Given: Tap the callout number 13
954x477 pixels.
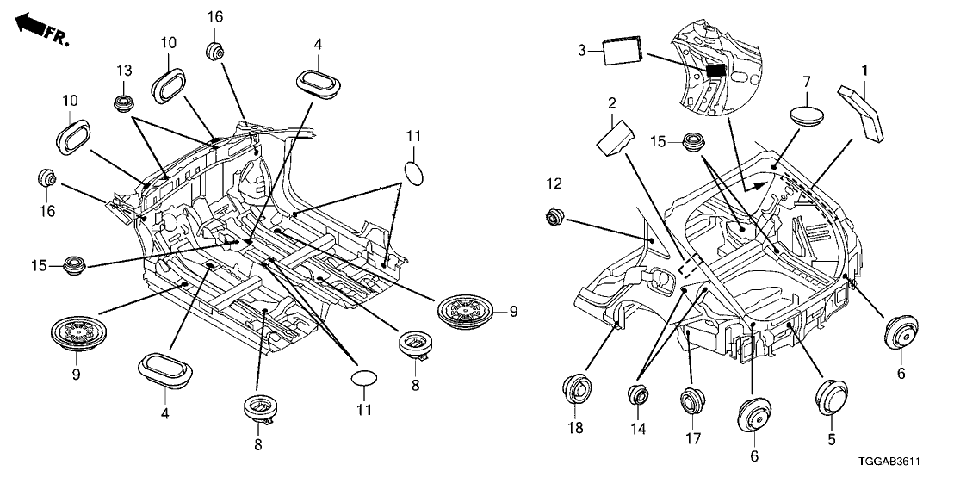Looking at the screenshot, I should tap(125, 70).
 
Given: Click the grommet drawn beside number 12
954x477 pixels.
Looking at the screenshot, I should tap(553, 216).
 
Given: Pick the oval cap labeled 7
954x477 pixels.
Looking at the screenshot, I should tap(807, 114).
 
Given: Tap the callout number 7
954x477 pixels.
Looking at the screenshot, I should tap(807, 82).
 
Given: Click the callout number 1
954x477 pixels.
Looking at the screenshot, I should tap(864, 68).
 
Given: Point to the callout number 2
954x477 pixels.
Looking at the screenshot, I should tap(612, 104).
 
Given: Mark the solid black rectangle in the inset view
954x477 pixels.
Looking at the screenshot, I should tap(714, 71).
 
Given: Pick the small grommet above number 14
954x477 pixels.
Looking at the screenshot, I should tap(637, 396).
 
